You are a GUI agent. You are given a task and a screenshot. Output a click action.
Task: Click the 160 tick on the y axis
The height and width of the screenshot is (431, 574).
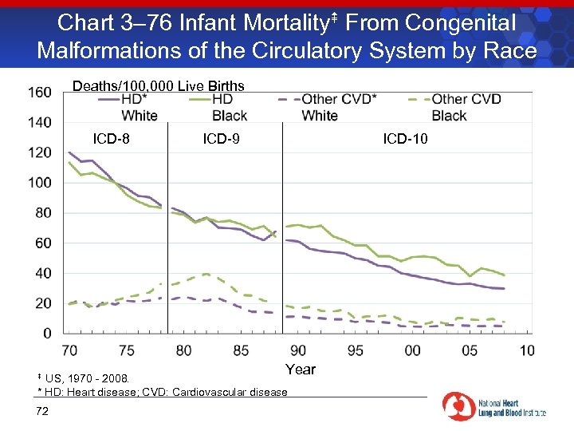pos(41,93)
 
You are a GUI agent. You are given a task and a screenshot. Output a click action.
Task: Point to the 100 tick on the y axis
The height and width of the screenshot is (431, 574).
pos(41,183)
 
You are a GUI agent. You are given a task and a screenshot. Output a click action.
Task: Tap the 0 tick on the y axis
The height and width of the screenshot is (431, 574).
pos(47,333)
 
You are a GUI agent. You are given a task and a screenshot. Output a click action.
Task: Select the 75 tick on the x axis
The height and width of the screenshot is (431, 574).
pos(126,350)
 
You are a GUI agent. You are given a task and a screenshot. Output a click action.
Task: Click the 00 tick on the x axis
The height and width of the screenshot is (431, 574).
pos(412,350)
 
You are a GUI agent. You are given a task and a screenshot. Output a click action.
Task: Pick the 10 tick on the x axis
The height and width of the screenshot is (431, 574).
pos(527,350)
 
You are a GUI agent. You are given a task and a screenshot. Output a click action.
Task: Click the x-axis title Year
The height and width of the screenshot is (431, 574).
pos(301,370)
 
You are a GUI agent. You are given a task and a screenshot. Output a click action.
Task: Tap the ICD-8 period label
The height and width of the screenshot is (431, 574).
pos(112,139)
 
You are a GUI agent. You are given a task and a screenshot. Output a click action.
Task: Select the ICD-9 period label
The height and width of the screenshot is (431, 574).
pos(221,139)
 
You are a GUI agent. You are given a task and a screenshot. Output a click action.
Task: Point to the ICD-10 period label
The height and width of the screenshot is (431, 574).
pos(405,139)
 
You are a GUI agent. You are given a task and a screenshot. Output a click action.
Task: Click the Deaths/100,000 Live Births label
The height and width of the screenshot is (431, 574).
pos(159,86)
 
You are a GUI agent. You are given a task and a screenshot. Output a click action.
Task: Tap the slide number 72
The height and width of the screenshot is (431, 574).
pos(42,411)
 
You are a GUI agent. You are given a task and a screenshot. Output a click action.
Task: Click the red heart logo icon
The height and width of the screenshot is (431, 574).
pos(459,406)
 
